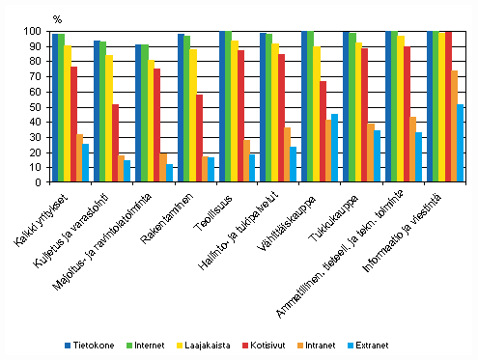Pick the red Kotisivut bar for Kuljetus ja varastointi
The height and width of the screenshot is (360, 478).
coord(115,143)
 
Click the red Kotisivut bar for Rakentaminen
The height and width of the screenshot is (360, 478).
coord(198,138)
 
